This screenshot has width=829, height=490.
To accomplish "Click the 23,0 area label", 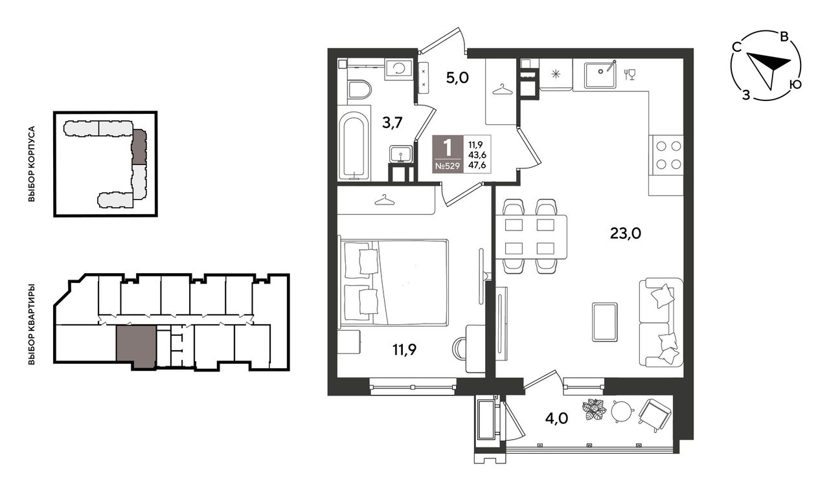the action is (x=626, y=234).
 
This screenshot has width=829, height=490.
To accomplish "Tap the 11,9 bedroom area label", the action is (x=405, y=349).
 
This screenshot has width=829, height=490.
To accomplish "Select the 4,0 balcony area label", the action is (x=556, y=419).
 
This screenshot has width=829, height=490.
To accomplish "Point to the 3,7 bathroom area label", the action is (x=392, y=122).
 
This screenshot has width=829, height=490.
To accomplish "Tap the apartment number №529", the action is (x=447, y=166).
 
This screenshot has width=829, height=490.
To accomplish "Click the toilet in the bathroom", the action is (x=359, y=89).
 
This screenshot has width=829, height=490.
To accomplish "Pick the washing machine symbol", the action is (x=398, y=69).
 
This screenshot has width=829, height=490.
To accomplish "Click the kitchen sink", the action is (x=600, y=75).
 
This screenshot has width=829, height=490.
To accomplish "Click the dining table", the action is (x=531, y=237).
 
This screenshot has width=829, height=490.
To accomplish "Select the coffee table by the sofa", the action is (x=604, y=322).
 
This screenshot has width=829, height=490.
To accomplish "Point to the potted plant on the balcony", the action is (x=595, y=409).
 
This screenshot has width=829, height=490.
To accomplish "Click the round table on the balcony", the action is (x=623, y=411).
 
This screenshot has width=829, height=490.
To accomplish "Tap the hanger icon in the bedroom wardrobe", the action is (x=385, y=200).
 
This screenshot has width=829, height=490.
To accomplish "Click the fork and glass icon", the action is (x=630, y=74).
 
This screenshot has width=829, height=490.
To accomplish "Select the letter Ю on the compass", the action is (x=795, y=84).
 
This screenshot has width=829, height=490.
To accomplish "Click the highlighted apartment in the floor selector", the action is (x=136, y=346).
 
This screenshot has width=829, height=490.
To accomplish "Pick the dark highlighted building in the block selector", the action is (x=139, y=147).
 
